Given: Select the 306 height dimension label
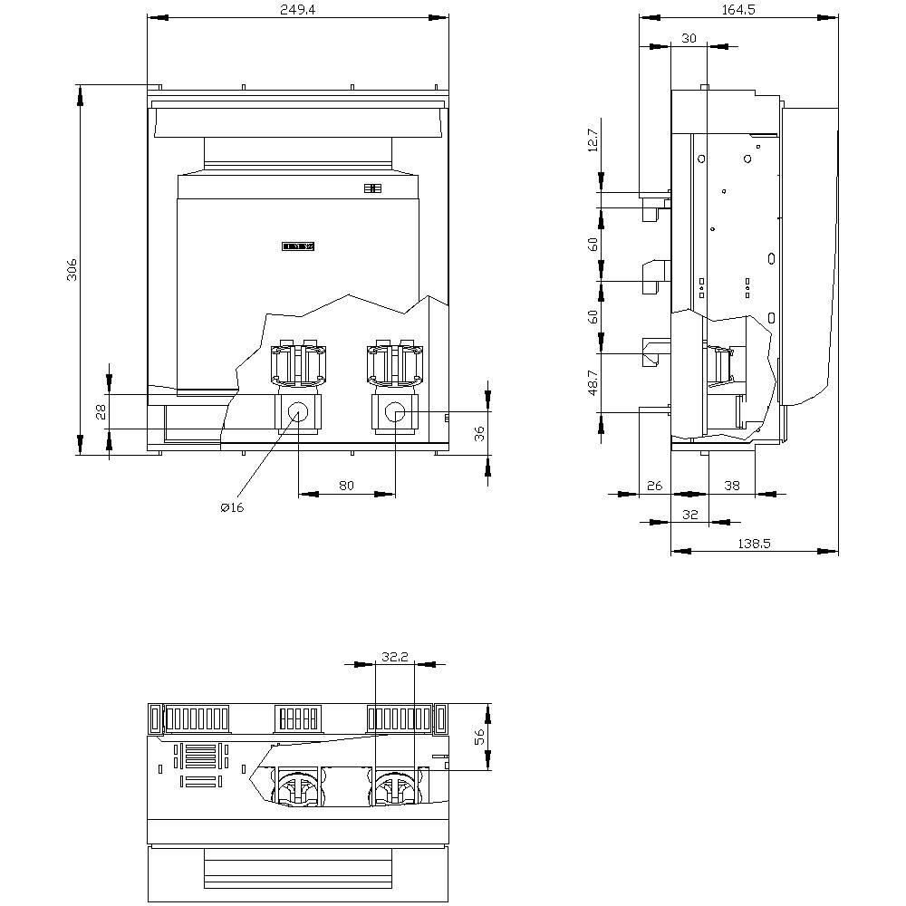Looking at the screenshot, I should point(72,269).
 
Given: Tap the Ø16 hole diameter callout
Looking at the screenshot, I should point(232,507).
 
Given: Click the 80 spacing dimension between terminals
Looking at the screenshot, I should point(346,485).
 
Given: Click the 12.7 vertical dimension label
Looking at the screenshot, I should point(593,140).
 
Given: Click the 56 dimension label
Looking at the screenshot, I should point(480,737).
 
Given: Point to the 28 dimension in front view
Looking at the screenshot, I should point(101,411).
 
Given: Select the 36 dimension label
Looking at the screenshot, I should point(480,433).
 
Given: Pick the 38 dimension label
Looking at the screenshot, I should point(732,486).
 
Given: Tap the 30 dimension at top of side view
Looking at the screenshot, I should point(689,38).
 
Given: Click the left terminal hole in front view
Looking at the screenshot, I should point(298,413).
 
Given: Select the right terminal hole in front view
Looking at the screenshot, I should point(395,413).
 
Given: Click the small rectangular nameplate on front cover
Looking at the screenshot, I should point(298,246).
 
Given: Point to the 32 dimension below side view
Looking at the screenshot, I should point(690,514).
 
